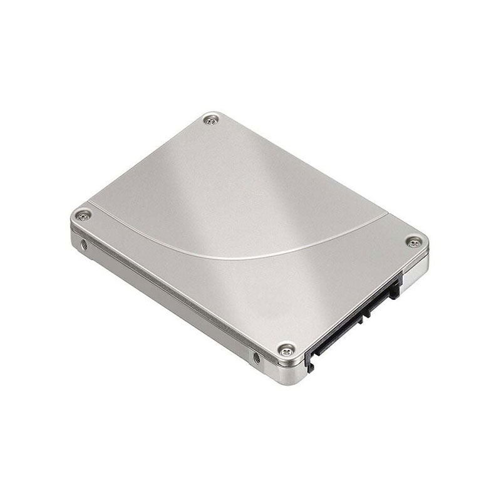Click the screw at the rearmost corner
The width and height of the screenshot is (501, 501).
212,119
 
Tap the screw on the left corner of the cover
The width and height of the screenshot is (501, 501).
83,215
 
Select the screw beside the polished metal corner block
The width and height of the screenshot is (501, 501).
414,242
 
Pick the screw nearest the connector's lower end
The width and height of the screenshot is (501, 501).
286,349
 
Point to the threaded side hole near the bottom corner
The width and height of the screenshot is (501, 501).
256,358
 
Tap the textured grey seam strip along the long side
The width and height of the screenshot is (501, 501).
169,291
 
